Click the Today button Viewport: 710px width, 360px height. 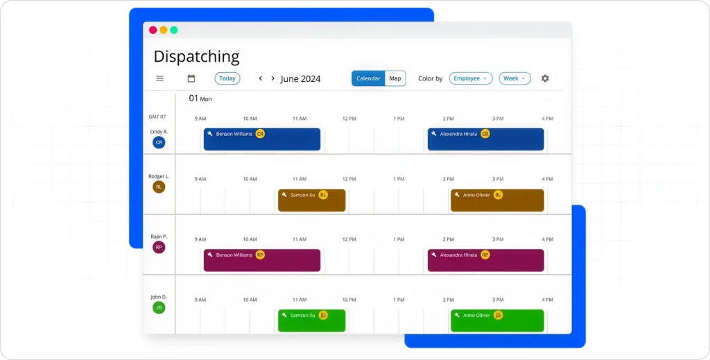(227, 78)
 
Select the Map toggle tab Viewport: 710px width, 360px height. (395, 78)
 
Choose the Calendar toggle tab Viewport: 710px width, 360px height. (368, 78)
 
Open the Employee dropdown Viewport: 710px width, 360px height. (471, 78)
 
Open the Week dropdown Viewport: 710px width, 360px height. (514, 78)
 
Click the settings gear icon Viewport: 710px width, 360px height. (545, 78)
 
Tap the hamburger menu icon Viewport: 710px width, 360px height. (159, 78)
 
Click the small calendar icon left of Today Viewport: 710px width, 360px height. (191, 78)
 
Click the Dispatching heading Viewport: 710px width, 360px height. (196, 56)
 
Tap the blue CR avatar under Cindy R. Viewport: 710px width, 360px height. (159, 142)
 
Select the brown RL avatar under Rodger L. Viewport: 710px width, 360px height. (159, 187)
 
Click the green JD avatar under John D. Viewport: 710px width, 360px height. (159, 307)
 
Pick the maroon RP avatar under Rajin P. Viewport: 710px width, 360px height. (159, 247)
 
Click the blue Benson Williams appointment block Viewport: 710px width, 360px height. (261, 139)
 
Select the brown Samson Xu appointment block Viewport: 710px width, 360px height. (311, 200)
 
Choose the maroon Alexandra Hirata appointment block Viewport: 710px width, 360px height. (485, 260)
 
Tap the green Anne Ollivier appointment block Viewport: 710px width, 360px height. (496, 320)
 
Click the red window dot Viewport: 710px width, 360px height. (153, 30)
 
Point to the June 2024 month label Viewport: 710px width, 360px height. (300, 79)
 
